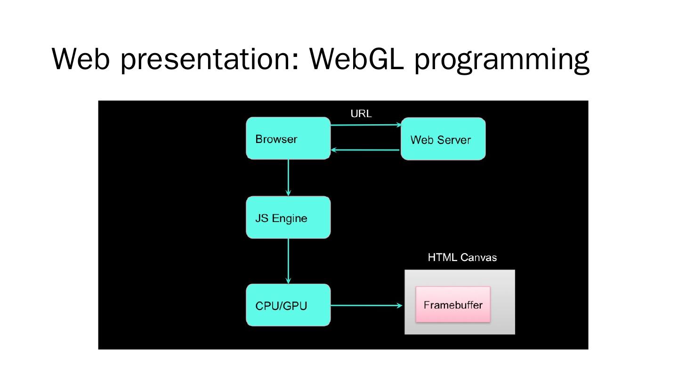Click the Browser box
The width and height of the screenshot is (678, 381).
[x=288, y=138]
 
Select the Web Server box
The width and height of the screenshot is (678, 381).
[x=443, y=139]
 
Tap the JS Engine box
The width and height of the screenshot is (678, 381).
[x=288, y=217]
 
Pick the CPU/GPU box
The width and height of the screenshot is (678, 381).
[x=288, y=305]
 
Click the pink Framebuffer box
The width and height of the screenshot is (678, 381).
[x=452, y=304]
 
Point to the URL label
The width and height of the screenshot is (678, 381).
[x=361, y=114]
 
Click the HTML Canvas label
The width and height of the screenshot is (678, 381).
[x=462, y=257]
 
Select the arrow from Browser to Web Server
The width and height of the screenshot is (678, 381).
[x=365, y=125]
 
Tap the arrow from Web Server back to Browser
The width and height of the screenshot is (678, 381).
[x=365, y=150]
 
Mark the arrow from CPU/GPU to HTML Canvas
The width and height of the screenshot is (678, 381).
[x=366, y=305]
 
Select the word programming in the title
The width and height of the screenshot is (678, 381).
[x=501, y=60]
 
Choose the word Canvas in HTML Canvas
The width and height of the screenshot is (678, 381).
[x=478, y=257]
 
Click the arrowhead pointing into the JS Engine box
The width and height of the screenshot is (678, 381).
[x=288, y=192]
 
